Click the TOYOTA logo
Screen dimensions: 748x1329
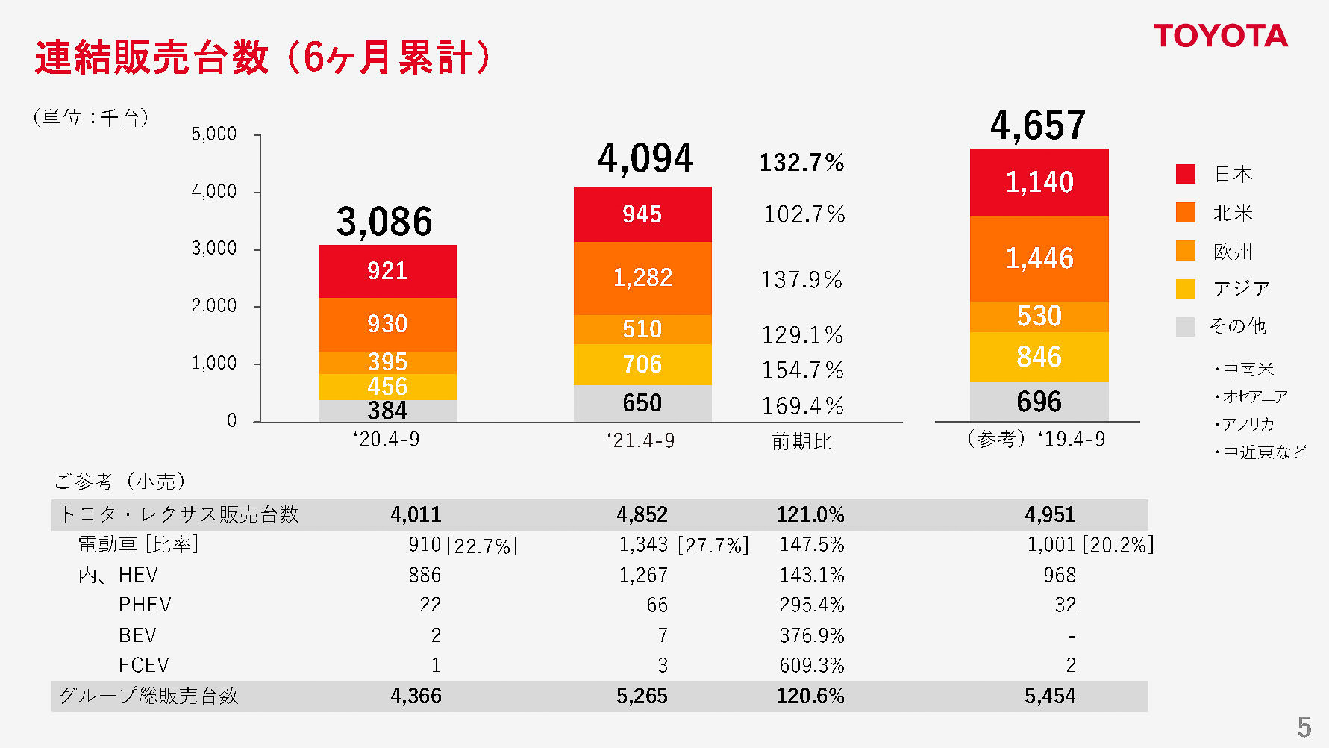click(1220, 36)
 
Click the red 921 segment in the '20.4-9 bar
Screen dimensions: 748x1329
click(387, 271)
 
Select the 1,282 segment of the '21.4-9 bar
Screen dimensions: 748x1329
click(642, 278)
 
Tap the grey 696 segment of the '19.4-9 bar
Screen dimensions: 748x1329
click(1039, 402)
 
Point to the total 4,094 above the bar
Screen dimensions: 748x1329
click(645, 159)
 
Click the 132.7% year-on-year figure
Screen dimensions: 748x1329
click(801, 163)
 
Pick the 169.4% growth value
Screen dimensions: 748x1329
click(802, 406)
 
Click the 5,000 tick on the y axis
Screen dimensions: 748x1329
click(214, 134)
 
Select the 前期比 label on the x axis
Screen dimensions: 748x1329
click(801, 442)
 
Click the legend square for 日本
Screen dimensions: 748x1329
click(1185, 174)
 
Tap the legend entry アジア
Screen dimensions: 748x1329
click(1241, 289)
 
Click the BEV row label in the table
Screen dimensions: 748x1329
click(137, 635)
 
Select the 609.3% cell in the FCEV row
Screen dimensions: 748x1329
click(811, 665)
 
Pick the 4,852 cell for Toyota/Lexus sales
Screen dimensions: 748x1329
click(642, 514)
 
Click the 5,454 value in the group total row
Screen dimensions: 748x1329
click(1049, 696)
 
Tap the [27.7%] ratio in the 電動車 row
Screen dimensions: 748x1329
click(713, 546)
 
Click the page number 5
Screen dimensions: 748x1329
click(1304, 726)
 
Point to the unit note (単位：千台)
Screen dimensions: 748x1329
click(91, 117)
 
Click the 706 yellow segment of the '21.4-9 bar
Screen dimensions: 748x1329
click(642, 364)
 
